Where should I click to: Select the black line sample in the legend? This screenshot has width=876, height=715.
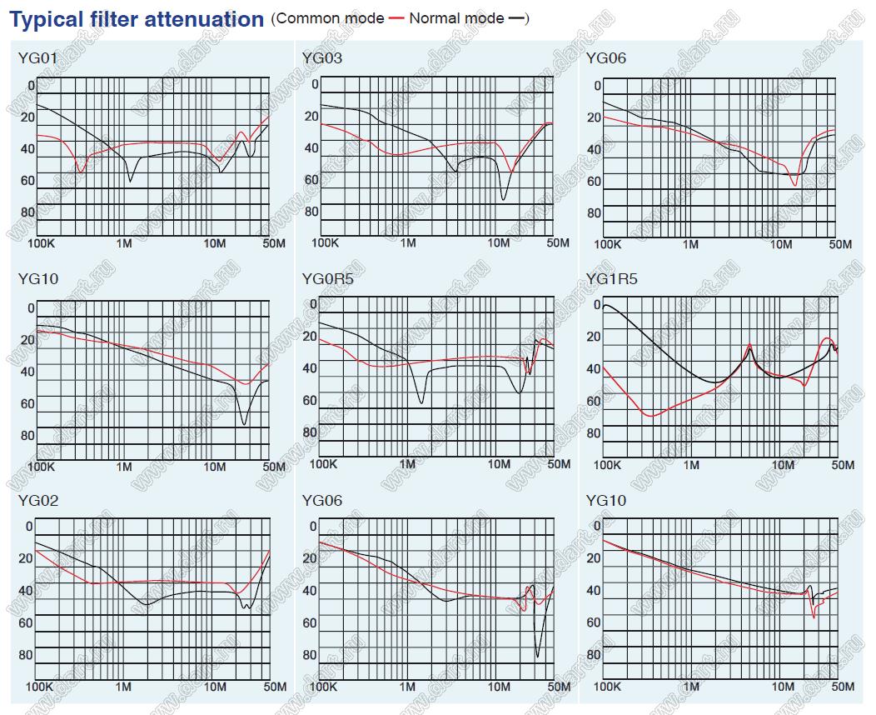518,18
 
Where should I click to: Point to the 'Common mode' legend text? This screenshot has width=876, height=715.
331,17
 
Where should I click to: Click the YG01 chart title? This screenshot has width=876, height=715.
37,58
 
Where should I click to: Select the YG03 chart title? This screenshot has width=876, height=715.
321,58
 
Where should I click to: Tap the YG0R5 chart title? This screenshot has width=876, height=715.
327,279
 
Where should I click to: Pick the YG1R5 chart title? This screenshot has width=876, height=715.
611,279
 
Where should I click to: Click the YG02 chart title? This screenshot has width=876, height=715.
37,501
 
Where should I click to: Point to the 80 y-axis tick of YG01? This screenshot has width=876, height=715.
27,212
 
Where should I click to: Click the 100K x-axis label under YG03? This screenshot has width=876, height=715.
324,243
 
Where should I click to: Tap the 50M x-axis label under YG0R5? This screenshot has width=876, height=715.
557,464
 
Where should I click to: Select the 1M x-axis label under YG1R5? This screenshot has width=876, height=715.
690,464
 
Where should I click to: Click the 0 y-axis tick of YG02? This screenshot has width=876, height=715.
30,527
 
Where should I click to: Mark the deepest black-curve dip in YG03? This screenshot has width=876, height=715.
503,198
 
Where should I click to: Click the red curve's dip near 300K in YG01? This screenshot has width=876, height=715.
80,171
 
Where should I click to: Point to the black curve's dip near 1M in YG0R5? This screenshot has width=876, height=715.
421,402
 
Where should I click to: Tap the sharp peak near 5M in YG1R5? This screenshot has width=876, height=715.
749,345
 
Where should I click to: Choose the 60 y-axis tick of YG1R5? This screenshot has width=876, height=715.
594,402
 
